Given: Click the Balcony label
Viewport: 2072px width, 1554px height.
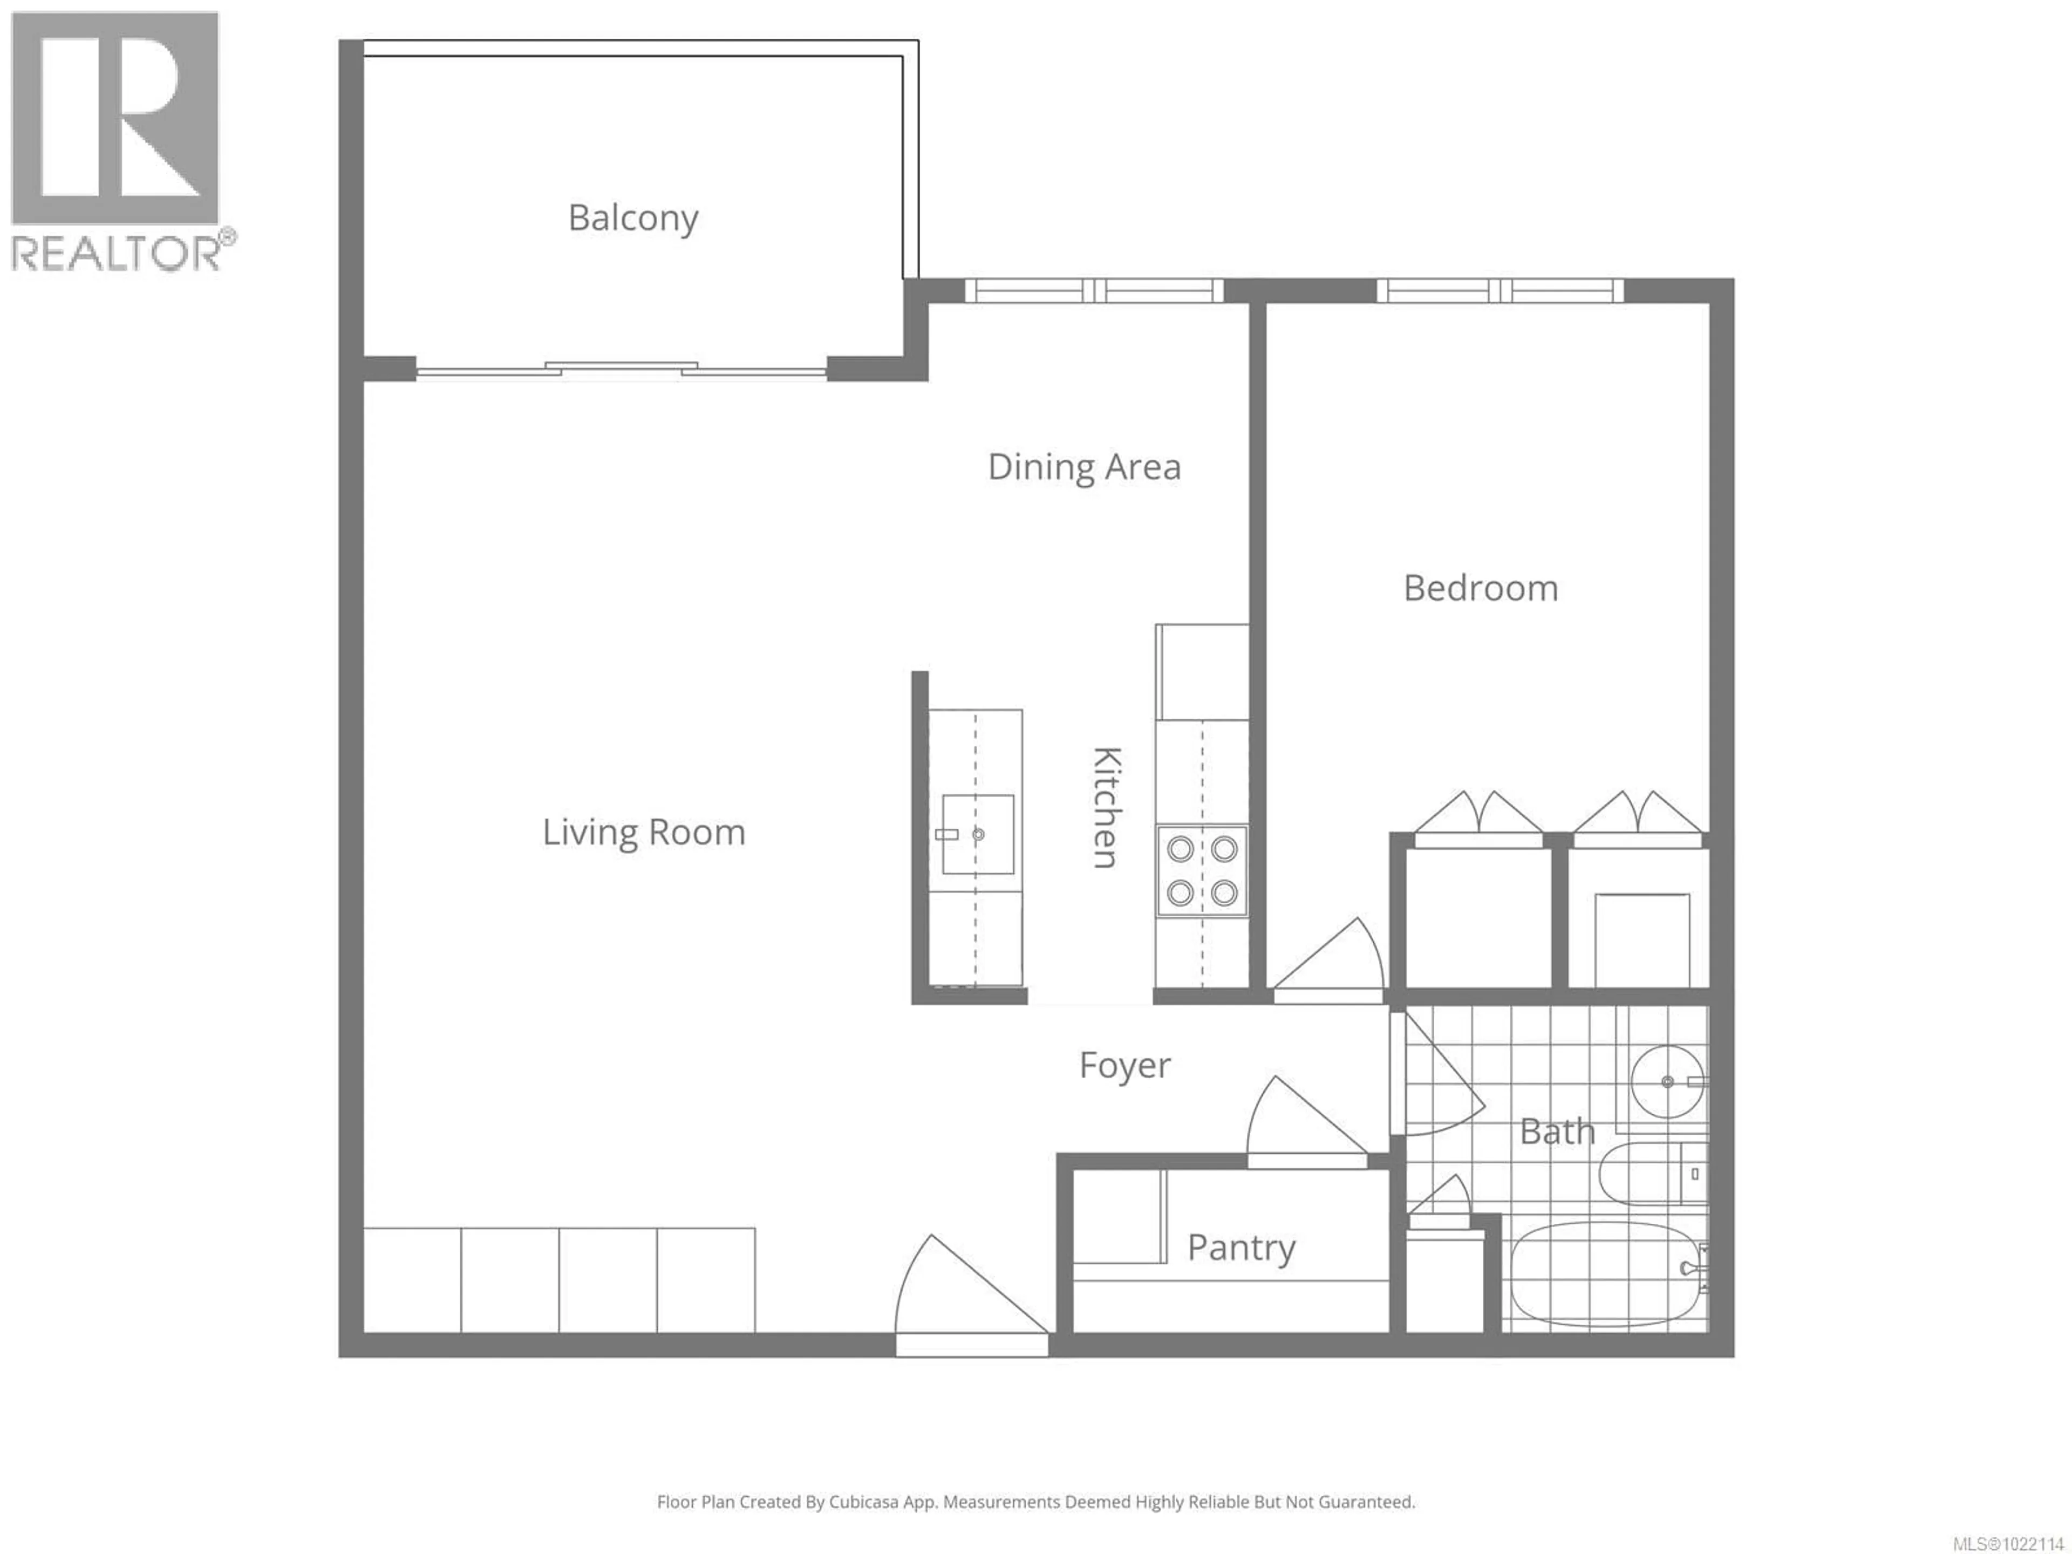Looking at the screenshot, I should click(x=633, y=218).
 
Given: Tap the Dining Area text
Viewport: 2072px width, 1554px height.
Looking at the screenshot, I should click(x=1084, y=467).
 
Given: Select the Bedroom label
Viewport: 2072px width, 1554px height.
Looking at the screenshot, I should click(x=1480, y=588).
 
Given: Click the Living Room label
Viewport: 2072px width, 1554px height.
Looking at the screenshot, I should click(x=644, y=832).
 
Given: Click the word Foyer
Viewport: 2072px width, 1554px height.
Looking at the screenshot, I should click(x=1124, y=1065).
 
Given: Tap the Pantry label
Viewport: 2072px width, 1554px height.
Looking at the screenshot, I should click(x=1241, y=1247).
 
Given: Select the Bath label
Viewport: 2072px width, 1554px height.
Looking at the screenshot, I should click(x=1557, y=1132).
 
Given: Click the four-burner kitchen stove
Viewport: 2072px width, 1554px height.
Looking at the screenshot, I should click(x=1202, y=870).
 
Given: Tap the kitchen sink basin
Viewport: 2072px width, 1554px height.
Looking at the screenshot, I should click(x=978, y=834).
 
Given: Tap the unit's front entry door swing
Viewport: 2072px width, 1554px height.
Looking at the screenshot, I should click(x=965, y=1297).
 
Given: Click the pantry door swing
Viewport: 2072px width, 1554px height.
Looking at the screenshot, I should click(x=1297, y=1124).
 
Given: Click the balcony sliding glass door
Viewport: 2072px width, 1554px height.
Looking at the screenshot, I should click(x=621, y=370).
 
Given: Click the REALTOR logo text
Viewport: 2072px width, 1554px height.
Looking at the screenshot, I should click(x=117, y=253).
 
